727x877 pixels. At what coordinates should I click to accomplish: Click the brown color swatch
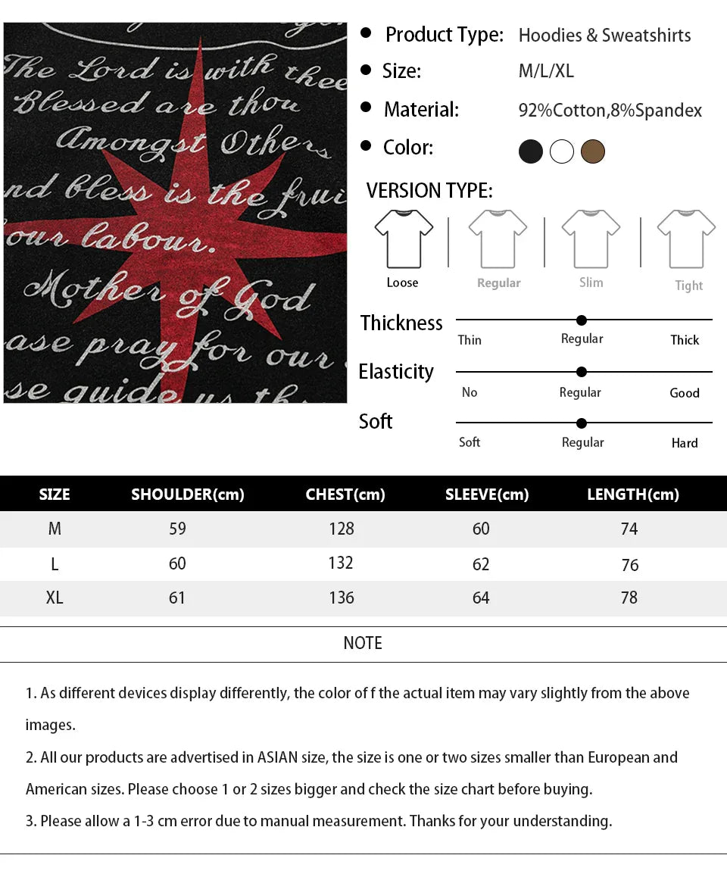pos(593,151)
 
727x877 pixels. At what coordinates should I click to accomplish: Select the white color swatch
pos(562,151)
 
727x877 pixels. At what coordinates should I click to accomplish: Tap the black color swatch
pos(531,151)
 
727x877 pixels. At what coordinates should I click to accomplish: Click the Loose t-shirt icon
pos(404,239)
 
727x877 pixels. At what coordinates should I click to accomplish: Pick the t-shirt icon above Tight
pos(686,239)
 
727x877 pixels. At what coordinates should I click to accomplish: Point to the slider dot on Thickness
pos(582,320)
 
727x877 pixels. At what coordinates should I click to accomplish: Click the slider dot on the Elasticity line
pos(582,372)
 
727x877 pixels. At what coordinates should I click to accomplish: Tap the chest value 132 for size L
pos(341,563)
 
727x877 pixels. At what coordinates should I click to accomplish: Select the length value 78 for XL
pos(629,598)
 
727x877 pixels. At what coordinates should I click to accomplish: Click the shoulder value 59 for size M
pos(177,529)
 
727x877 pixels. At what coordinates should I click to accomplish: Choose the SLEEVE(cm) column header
pos(487,495)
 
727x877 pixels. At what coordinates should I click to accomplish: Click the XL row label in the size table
pos(55,598)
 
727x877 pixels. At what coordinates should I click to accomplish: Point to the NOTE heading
pos(363,643)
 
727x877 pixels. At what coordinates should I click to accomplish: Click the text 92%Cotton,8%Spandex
pos(610,111)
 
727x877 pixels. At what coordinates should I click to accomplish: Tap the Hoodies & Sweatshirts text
pos(604,36)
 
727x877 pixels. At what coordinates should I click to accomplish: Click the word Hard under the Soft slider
pos(685,443)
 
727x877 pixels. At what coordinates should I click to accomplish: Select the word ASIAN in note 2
pos(277,757)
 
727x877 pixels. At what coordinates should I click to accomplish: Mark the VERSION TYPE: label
pos(429,191)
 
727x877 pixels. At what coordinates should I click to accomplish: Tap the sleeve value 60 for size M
pos(481,529)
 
